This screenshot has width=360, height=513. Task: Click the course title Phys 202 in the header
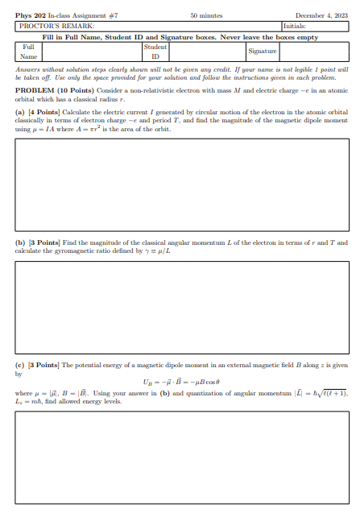pyautogui.click(x=27, y=15)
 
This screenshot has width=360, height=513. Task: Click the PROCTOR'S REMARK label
pyautogui.click(x=48, y=25)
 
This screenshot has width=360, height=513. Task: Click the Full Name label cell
pyautogui.click(x=28, y=52)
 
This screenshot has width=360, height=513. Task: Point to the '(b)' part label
pyautogui.click(x=20, y=242)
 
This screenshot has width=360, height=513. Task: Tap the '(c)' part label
pyautogui.click(x=20, y=366)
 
